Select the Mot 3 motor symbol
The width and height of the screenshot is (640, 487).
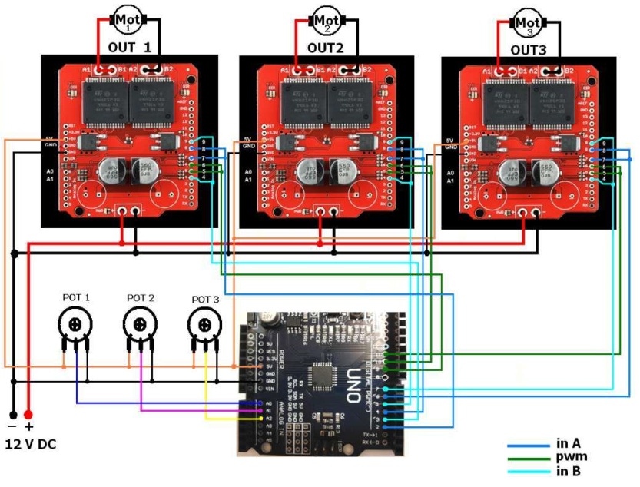pos(529,23)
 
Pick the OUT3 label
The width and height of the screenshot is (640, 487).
pos(529,49)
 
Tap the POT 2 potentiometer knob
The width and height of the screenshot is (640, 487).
pos(139,325)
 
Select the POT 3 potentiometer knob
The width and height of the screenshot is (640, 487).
pos(204,325)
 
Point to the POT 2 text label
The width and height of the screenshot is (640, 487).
pos(141,298)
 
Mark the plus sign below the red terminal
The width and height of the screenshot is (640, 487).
pos(30,427)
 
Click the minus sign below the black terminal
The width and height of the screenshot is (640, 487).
pos(12,427)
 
